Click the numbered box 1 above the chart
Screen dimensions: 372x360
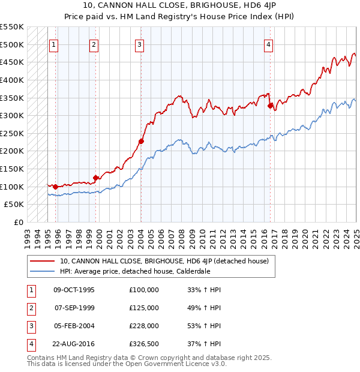[54, 44]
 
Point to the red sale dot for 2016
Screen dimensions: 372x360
[271, 106]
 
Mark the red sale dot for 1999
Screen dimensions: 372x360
[95, 178]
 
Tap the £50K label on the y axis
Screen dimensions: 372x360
[14, 205]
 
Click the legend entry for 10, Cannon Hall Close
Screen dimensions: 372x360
[167, 261]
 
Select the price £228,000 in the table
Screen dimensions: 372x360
[144, 326]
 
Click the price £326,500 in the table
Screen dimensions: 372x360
[144, 344]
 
